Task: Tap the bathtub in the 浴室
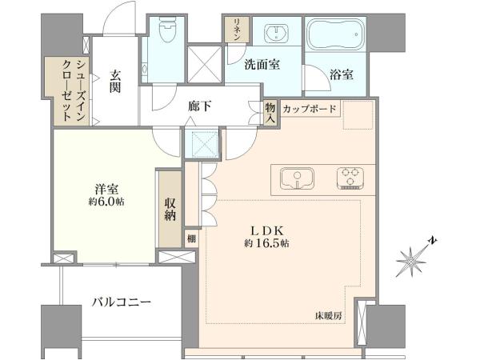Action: click(x=335, y=34)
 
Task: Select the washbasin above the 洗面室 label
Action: click(x=277, y=31)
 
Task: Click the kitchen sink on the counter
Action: click(x=297, y=178)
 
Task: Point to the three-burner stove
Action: click(x=350, y=178)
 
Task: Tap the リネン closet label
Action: click(x=236, y=30)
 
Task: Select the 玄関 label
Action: click(x=115, y=82)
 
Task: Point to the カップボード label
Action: click(x=309, y=109)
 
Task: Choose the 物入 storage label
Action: click(x=270, y=113)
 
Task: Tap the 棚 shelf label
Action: click(x=192, y=238)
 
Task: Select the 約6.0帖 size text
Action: click(x=106, y=202)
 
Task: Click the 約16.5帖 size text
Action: click(x=266, y=243)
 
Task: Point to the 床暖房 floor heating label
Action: click(x=328, y=316)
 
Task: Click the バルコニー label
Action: click(x=122, y=302)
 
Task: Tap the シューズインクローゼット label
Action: click(x=74, y=90)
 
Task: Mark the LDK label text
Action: click(x=268, y=230)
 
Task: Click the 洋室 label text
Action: click(x=106, y=190)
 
